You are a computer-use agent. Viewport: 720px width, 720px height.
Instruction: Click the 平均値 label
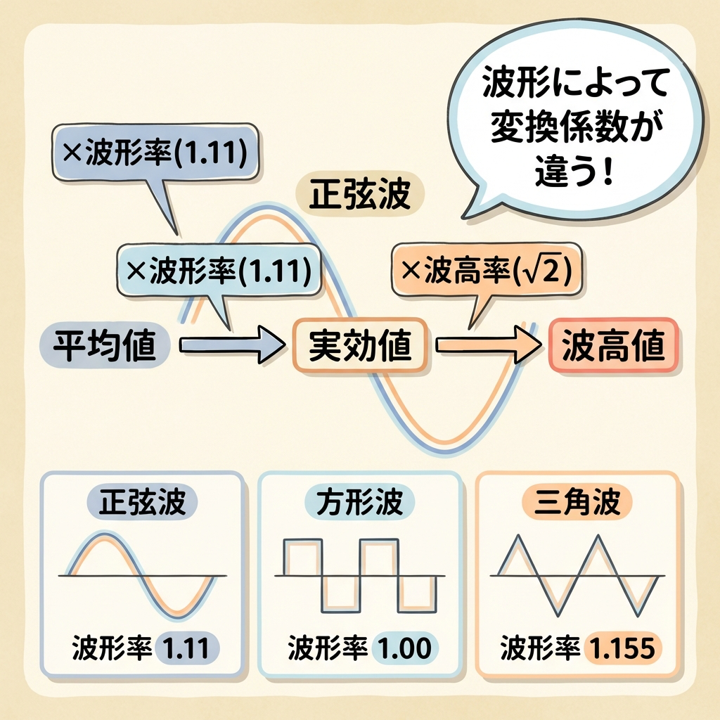[x=105, y=345]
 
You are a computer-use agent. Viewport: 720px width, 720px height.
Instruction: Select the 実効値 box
[x=361, y=345]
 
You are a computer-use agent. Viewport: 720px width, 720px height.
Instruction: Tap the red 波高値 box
[x=613, y=345]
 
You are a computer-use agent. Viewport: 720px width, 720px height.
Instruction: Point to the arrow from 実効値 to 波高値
[x=488, y=345]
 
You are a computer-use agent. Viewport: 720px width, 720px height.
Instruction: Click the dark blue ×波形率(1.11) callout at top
[x=155, y=153]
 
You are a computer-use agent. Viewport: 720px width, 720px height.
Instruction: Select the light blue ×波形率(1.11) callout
[x=219, y=271]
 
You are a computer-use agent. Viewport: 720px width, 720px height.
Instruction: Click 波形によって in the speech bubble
[x=575, y=83]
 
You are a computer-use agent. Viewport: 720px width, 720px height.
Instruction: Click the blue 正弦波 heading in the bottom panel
[x=142, y=501]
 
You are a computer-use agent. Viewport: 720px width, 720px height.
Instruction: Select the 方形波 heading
[x=359, y=501]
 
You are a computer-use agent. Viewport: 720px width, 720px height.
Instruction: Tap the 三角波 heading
[x=577, y=501]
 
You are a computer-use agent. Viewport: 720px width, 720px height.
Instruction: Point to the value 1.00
[x=405, y=648]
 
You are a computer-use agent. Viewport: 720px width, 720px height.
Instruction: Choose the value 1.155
[x=622, y=648]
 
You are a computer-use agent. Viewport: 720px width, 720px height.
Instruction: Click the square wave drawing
[x=359, y=576]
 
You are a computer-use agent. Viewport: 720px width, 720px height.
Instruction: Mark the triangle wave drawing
[x=577, y=576]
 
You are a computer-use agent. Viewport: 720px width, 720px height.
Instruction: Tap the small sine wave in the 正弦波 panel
[x=142, y=576]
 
